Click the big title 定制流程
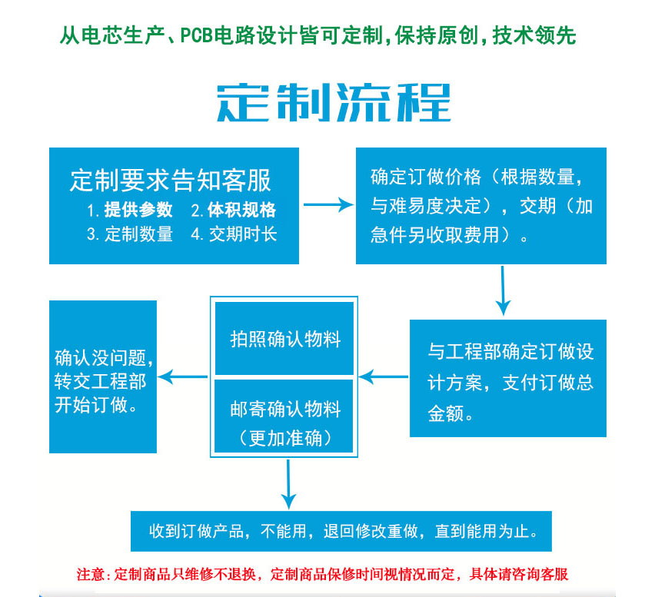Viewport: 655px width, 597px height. click(332, 101)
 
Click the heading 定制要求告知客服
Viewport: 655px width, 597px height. click(171, 181)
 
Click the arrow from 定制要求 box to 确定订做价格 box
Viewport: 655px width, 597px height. click(327, 205)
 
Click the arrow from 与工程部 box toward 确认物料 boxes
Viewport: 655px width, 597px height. click(384, 376)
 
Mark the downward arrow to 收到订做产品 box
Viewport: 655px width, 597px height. click(288, 483)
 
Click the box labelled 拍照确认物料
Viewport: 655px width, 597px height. click(284, 339)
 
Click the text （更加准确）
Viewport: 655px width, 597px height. click(284, 438)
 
